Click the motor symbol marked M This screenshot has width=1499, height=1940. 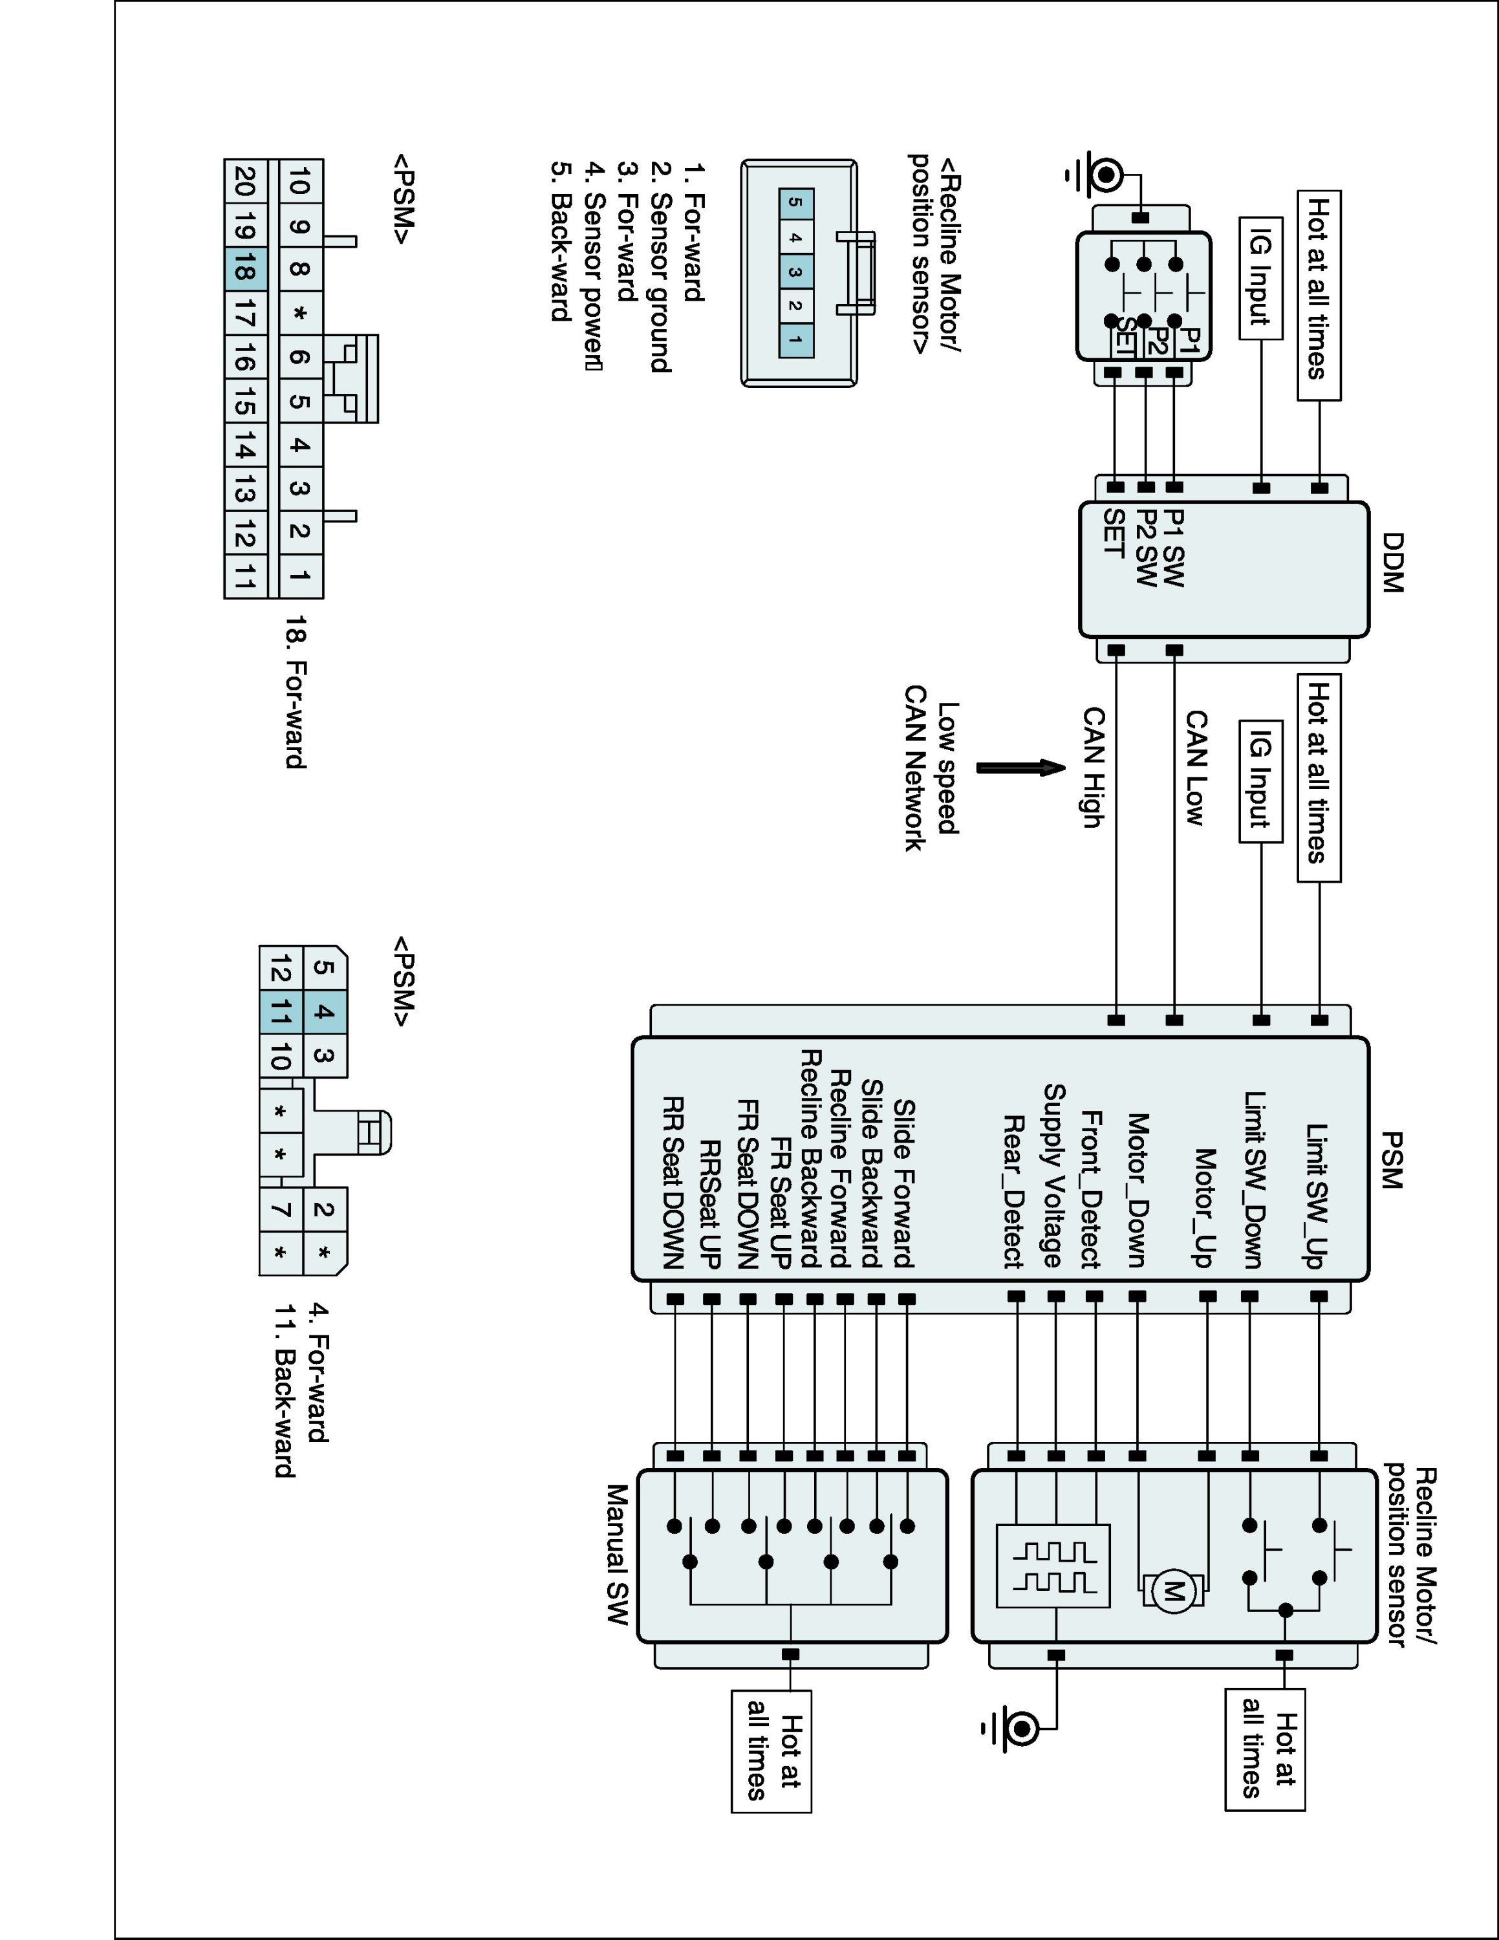point(1173,1590)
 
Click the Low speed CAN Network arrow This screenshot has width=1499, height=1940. point(1020,768)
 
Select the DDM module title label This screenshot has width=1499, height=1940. point(1392,563)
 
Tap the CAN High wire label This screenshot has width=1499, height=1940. point(1093,768)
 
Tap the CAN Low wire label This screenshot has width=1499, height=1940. point(1196,768)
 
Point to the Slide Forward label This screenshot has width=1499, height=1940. point(904,1182)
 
